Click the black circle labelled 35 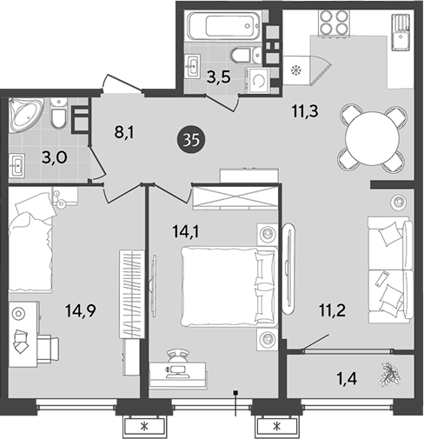(191, 141)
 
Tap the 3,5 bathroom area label (219, 77)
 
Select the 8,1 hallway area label (124, 132)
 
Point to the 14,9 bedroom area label (81, 311)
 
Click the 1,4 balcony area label (347, 378)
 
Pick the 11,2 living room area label (332, 310)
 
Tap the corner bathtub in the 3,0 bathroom (24, 115)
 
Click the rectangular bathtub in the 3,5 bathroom (224, 25)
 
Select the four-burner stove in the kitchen (334, 23)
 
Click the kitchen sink (401, 33)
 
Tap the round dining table (373, 138)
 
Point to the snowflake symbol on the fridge (296, 70)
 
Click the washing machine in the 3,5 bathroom (257, 81)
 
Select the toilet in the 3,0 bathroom (59, 112)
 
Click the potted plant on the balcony (390, 375)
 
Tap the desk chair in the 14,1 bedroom (177, 355)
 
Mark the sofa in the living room (390, 269)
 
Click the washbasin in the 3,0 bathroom (17, 165)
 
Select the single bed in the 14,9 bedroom (30, 243)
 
